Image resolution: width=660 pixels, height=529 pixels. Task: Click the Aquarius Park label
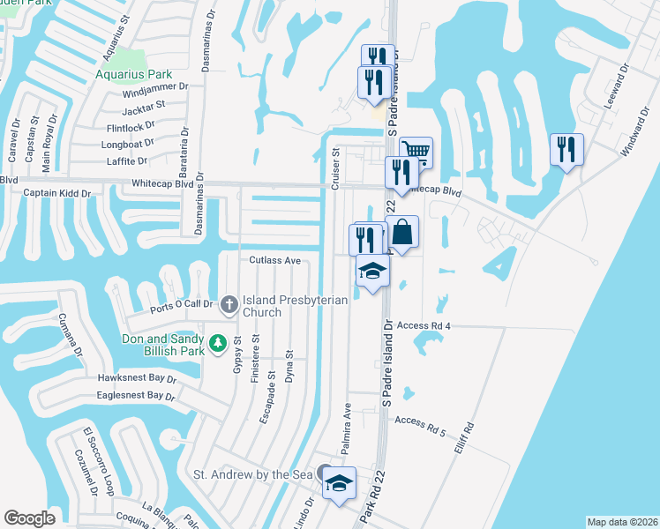coord(133,75)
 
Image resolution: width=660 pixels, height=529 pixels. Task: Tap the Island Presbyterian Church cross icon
coord(229,305)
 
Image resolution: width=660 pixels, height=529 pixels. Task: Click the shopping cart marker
coord(416,153)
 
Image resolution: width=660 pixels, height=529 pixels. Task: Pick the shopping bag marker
coord(401,234)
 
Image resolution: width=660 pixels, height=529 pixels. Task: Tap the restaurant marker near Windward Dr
coord(566,149)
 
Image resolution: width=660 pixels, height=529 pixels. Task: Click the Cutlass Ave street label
coord(275,261)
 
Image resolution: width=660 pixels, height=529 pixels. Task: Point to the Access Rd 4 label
coord(424,325)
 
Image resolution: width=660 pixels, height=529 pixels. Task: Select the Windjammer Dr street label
coord(156,90)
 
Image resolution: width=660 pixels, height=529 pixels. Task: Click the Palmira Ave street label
coord(347,423)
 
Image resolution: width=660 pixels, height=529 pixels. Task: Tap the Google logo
coord(29,518)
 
